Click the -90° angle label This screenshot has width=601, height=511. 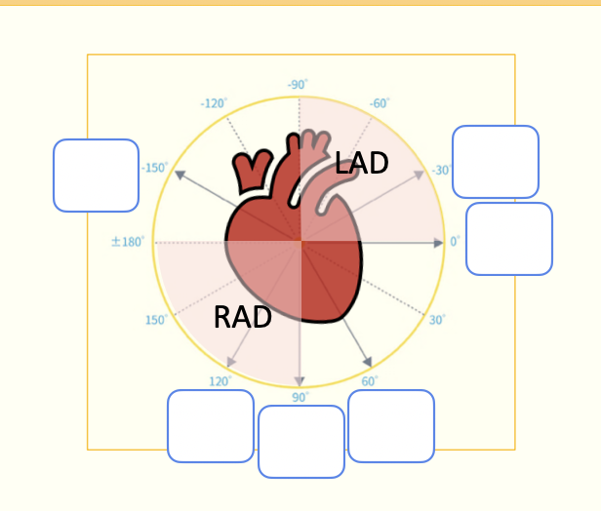[x=299, y=85]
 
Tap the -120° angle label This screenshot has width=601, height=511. [x=214, y=102]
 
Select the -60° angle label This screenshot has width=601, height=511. [x=380, y=102]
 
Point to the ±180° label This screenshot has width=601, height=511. [x=128, y=241]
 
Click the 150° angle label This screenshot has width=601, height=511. [x=156, y=320]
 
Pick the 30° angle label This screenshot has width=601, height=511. [x=437, y=319]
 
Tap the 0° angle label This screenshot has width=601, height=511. [x=455, y=241]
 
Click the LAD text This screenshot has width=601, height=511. [x=362, y=164]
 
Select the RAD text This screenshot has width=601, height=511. [x=242, y=317]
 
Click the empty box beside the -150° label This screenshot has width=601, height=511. [x=96, y=176]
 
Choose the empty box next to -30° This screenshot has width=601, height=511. [x=496, y=162]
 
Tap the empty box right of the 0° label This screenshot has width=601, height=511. [x=509, y=239]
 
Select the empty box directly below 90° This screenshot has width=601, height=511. [x=301, y=442]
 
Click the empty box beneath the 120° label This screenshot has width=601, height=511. [x=211, y=426]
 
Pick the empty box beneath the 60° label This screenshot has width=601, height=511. [x=391, y=426]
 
